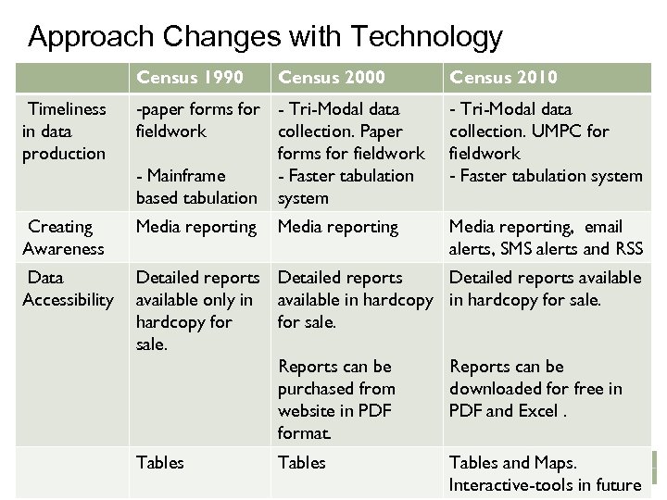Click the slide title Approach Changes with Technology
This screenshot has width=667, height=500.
265,37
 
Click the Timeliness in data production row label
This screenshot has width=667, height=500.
63,131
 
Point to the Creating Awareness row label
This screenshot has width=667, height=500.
62,237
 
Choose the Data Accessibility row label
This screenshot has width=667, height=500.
67,288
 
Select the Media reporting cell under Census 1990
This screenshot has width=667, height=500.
195,226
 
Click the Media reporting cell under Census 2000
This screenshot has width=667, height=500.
337,226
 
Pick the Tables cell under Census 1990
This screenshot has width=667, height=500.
159,462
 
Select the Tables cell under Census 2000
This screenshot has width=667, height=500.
301,462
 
